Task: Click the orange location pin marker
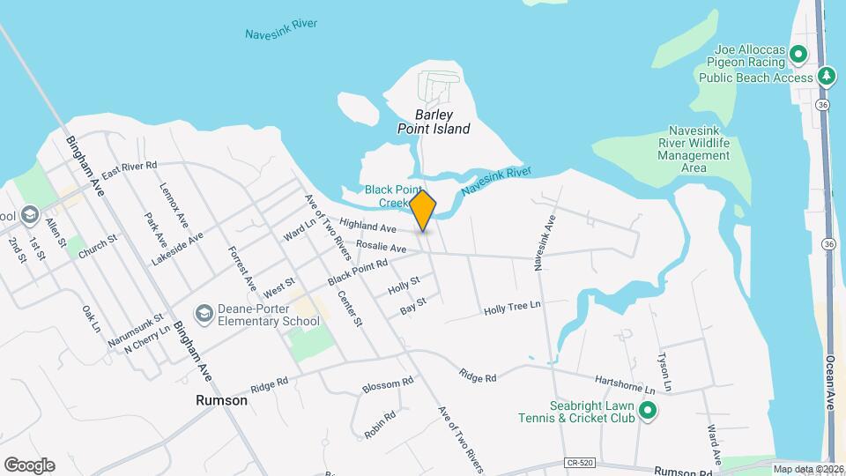click(423, 210)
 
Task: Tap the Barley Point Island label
click(433, 122)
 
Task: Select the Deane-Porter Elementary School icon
click(204, 314)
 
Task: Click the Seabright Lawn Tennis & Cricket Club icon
click(648, 411)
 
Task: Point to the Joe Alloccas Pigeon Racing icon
click(798, 55)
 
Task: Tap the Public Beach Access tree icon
click(827, 77)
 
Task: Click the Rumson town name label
click(221, 400)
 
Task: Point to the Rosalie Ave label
click(381, 248)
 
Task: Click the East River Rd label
click(129, 171)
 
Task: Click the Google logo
click(29, 465)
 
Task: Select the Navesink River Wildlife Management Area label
click(694, 148)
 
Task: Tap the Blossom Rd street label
click(388, 386)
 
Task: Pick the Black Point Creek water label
click(389, 196)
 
